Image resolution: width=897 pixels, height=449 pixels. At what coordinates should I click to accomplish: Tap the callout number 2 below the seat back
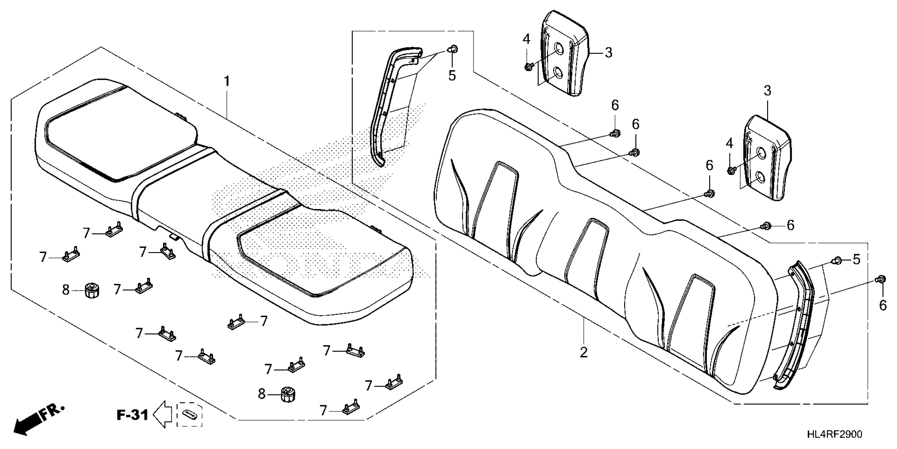point(584,352)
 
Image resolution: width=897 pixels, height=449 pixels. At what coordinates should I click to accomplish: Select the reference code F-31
point(132,415)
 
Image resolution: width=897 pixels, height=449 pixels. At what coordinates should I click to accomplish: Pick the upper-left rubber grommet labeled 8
point(91,290)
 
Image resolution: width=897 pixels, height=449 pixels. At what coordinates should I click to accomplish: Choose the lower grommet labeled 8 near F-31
point(287,394)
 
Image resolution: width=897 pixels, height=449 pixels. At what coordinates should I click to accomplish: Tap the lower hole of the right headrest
point(760,177)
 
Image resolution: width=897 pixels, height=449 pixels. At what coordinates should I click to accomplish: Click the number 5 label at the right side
point(857,259)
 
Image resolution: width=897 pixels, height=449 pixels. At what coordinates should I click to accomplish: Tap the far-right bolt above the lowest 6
point(880,279)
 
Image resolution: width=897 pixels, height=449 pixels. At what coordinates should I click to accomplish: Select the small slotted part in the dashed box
point(189,415)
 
